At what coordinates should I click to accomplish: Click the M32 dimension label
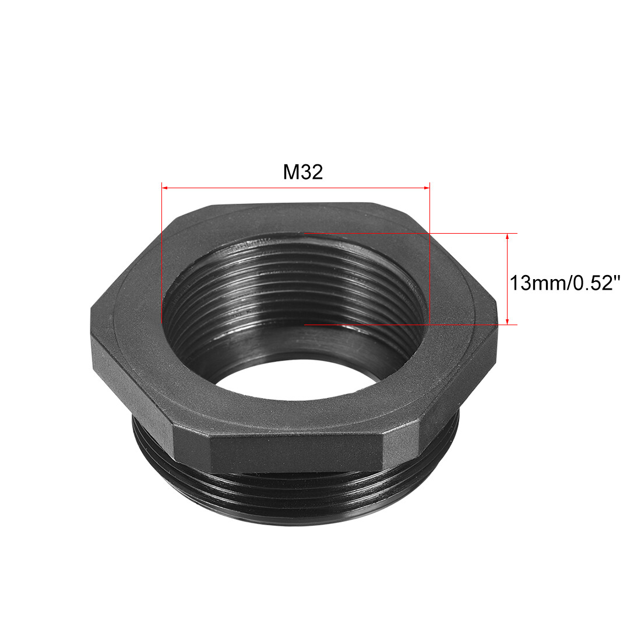click(x=302, y=172)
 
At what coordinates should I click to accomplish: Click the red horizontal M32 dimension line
click(x=295, y=188)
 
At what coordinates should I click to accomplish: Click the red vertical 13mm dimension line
click(x=508, y=279)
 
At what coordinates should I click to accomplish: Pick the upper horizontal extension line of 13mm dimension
click(x=408, y=234)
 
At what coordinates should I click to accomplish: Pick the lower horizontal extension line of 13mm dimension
click(x=408, y=325)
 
